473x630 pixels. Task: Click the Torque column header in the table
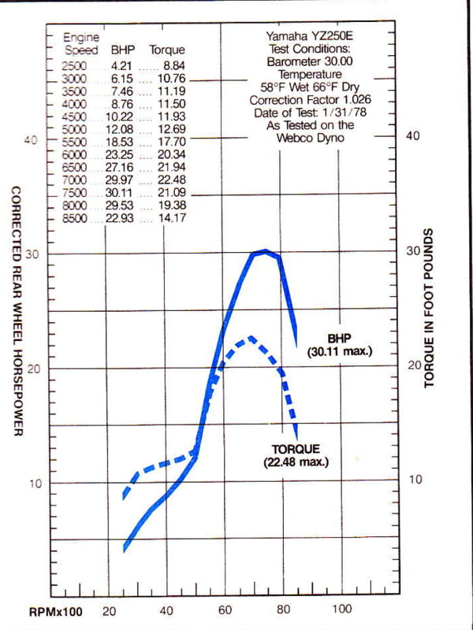167,50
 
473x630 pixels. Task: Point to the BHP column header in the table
122,50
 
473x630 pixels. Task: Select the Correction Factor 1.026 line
310,102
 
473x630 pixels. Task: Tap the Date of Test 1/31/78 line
310,113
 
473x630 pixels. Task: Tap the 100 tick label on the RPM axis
341,609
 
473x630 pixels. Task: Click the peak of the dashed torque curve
251,338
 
